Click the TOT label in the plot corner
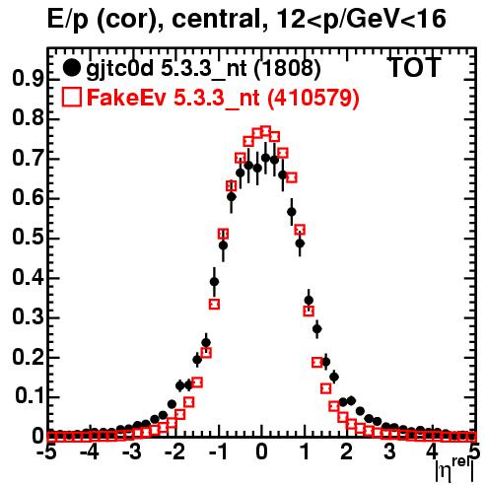414,67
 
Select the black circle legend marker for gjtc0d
71,68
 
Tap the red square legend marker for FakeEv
71,98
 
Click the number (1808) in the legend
288,68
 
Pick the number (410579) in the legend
312,98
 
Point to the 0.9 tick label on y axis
28,79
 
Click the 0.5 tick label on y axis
28,238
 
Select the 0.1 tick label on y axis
30,396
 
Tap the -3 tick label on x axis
132,452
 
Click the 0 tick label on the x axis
261,452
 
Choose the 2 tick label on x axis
347,452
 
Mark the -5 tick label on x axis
46,452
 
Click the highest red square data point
265,131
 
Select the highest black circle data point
265,158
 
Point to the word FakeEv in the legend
126,98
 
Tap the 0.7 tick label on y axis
28,158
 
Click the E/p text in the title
68,20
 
